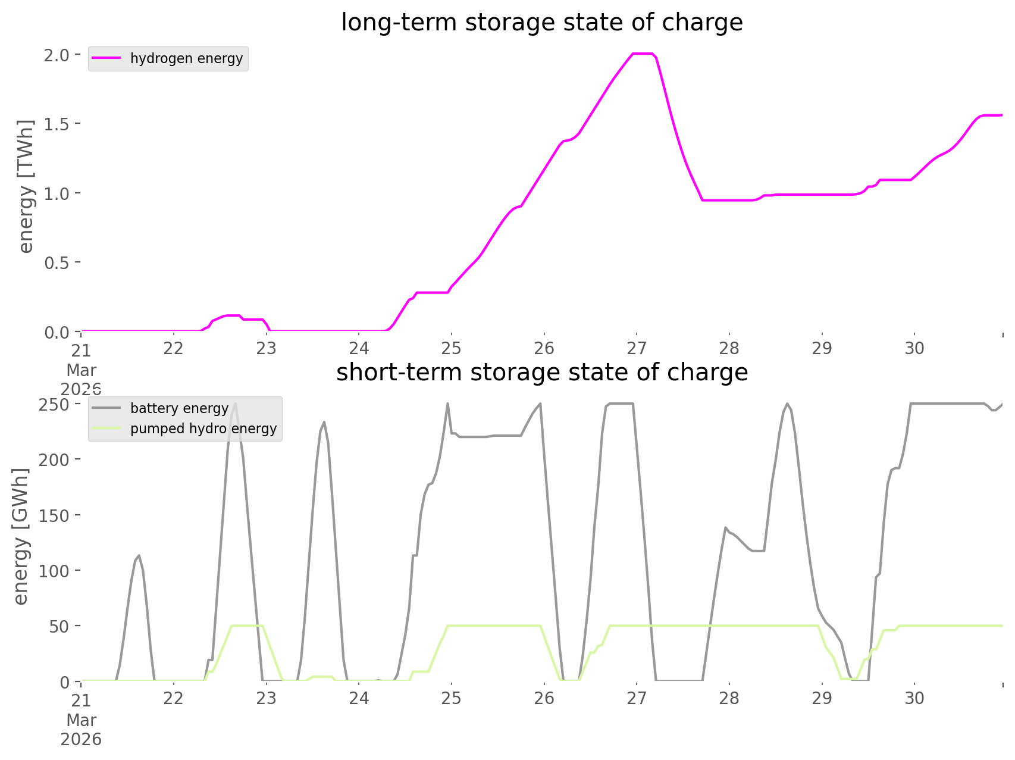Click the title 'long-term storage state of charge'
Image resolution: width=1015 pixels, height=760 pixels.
(541, 23)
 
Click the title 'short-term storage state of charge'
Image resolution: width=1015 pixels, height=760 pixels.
(541, 373)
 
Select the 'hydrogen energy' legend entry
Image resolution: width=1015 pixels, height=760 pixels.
(186, 58)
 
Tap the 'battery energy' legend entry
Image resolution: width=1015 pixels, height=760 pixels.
(179, 408)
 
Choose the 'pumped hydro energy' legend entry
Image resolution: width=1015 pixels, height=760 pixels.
(203, 429)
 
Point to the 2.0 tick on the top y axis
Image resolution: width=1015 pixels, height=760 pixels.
(57, 55)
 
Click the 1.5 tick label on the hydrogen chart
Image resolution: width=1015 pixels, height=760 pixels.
(57, 124)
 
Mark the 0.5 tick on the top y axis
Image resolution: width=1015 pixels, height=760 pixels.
(57, 262)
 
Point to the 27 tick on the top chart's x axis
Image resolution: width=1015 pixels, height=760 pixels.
(637, 348)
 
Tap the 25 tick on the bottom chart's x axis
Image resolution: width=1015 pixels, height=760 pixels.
(452, 698)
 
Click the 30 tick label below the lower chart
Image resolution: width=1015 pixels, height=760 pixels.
(914, 698)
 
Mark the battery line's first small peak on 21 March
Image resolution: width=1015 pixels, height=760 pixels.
(139, 555)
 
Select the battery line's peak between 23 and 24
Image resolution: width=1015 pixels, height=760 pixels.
(324, 422)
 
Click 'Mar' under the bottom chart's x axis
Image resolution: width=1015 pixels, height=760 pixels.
(81, 720)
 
